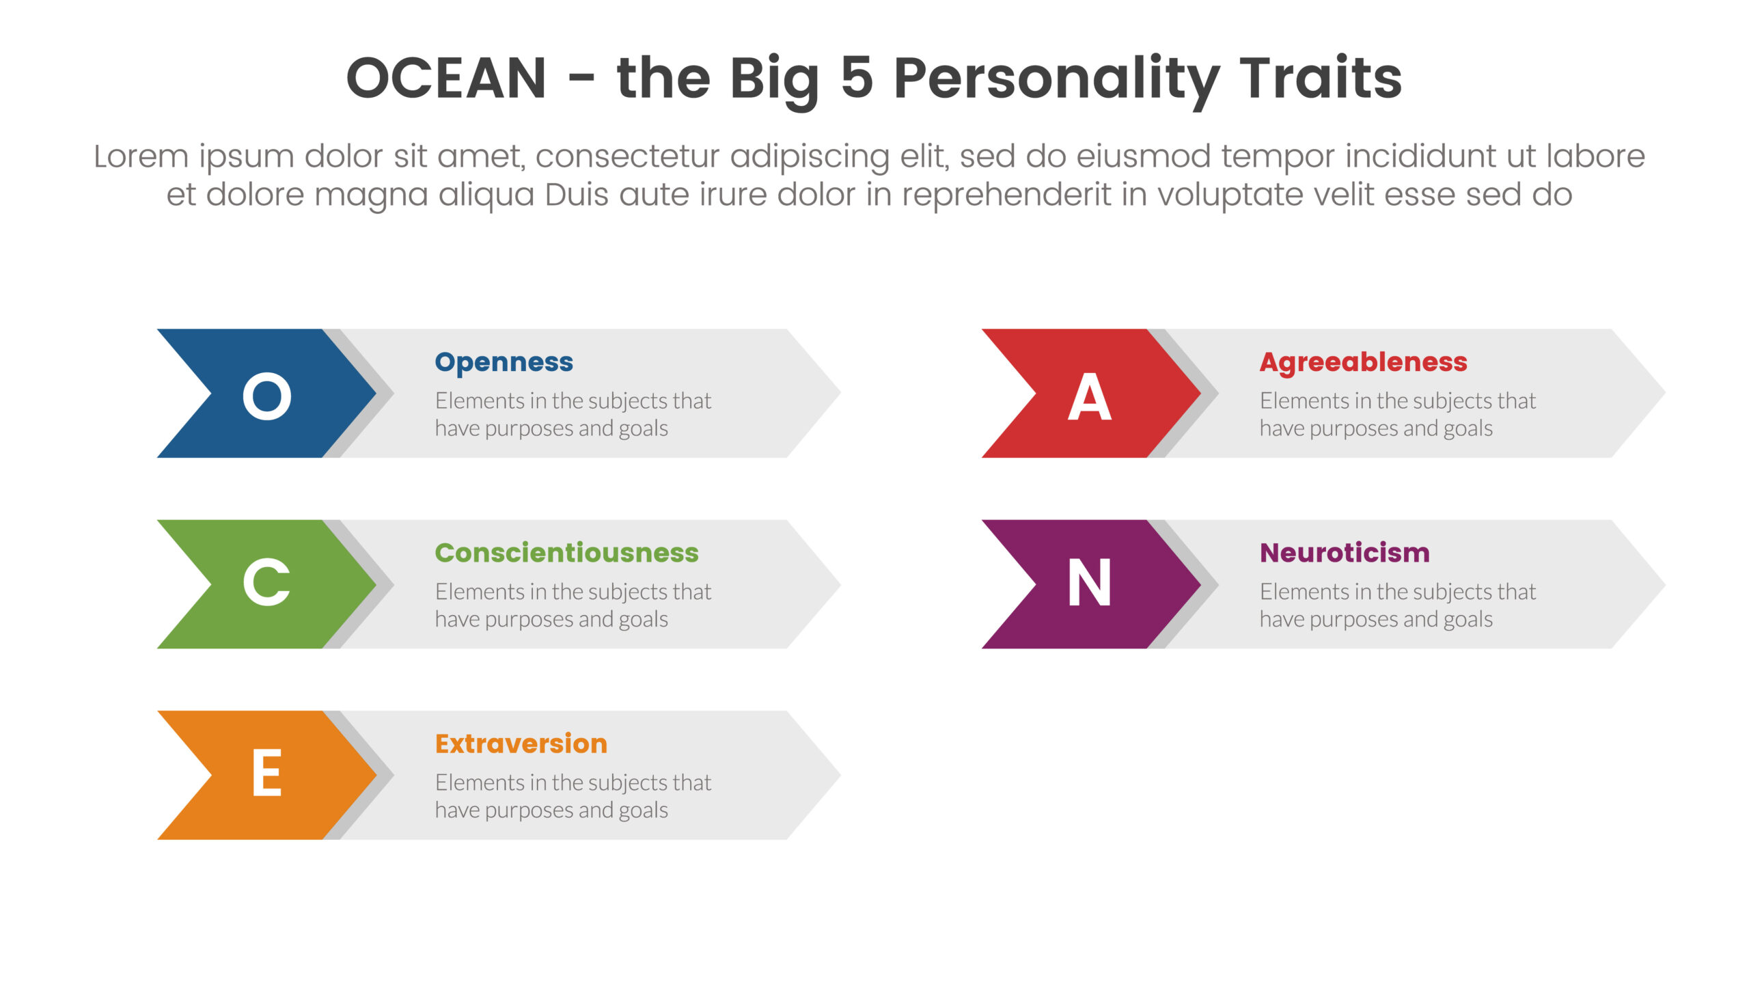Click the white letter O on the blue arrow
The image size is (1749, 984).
pos(267,396)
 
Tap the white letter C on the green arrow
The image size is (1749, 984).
pos(266,582)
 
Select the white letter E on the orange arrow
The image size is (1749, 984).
pos(266,772)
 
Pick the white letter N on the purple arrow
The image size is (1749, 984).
pos(1090,582)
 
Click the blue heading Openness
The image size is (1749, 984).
pos(504,363)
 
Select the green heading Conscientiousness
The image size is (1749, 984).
pos(567,552)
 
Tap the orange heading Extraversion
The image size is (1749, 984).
pos(521,743)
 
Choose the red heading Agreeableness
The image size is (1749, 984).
pos(1364,363)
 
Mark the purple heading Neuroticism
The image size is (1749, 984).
pos(1345,552)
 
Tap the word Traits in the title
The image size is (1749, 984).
pos(1321,77)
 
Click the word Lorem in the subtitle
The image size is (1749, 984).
pos(141,156)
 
